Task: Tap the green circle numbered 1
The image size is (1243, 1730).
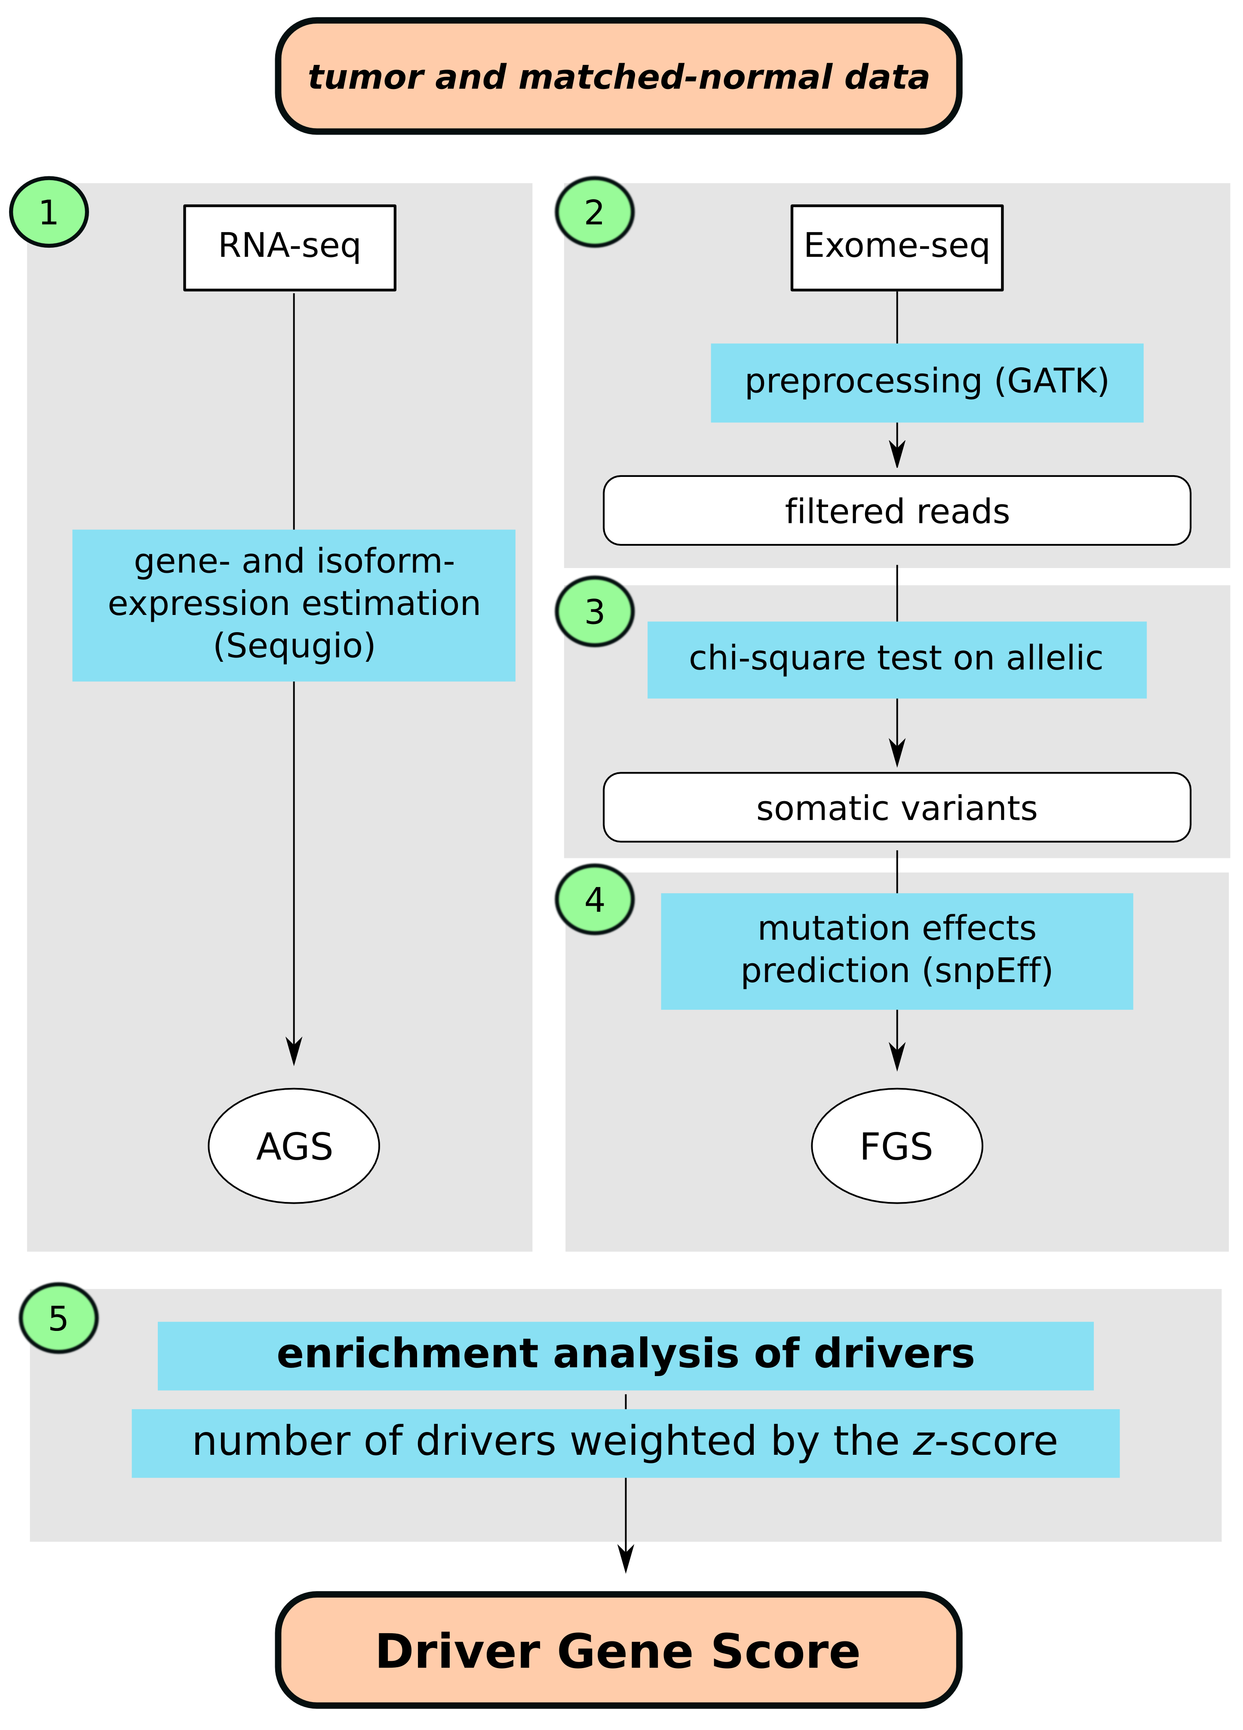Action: [49, 212]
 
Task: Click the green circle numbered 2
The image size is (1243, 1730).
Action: [594, 212]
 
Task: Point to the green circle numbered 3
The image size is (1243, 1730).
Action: [594, 612]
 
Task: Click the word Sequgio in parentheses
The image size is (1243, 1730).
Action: [295, 645]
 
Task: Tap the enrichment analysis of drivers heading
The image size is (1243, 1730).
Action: [625, 1355]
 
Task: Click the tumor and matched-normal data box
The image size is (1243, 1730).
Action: [618, 76]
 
